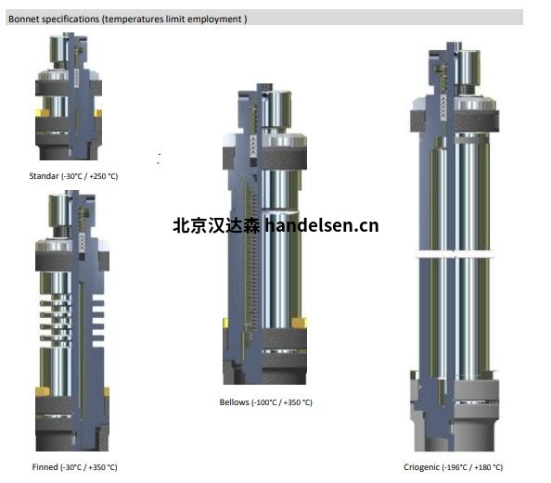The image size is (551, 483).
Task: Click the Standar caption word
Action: tap(44, 176)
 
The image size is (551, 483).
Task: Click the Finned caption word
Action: tap(45, 467)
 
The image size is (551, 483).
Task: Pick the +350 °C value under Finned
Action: tap(102, 467)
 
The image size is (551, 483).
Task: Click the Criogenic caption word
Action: tap(421, 467)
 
